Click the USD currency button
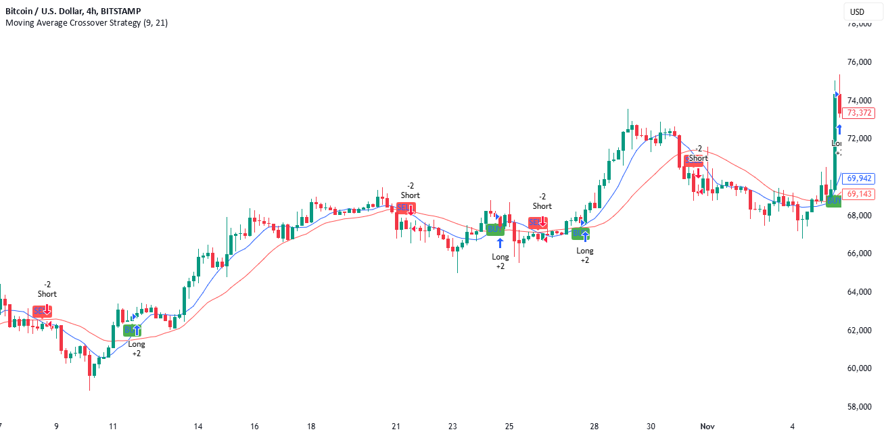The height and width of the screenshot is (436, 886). [x=858, y=11]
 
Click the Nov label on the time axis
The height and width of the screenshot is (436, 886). [x=707, y=427]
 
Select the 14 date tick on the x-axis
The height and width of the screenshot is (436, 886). [x=198, y=427]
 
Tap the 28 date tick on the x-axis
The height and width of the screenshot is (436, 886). [x=594, y=427]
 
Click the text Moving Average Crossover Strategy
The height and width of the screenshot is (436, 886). [x=74, y=23]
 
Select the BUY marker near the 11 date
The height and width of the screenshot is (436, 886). [x=133, y=330]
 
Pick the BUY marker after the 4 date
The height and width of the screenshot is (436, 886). [x=834, y=201]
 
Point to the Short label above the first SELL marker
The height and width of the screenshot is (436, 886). [x=47, y=294]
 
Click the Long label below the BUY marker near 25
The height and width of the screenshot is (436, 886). [x=500, y=257]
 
